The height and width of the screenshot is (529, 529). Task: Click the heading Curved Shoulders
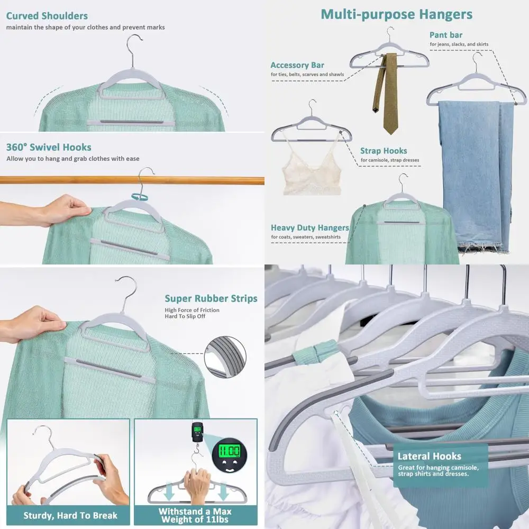point(47,16)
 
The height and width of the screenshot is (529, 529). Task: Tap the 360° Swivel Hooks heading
point(49,147)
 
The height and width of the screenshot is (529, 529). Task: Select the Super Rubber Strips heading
point(211,298)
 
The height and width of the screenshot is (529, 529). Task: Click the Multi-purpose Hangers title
point(396,14)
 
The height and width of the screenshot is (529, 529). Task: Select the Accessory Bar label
point(297,65)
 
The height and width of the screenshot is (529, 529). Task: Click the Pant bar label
point(445,35)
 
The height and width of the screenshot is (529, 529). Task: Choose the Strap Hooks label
point(384,151)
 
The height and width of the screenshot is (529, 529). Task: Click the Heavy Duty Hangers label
point(309,227)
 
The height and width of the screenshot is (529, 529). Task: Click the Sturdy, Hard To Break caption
point(70,515)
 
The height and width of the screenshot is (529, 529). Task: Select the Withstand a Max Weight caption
point(195,515)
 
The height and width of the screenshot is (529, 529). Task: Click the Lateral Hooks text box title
point(429,456)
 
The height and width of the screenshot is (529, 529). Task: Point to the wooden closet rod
point(132,180)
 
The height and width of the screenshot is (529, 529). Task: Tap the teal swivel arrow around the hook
point(139,197)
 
